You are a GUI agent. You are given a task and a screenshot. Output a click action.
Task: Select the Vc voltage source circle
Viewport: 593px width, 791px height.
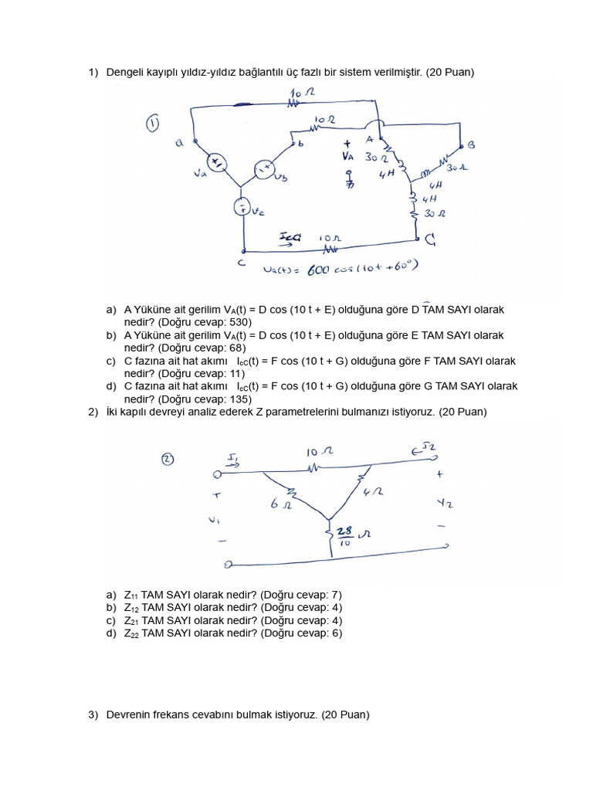(x=241, y=206)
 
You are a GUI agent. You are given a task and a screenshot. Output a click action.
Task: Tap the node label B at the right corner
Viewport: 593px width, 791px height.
(x=472, y=144)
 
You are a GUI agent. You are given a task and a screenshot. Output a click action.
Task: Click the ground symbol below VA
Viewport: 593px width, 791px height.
(x=349, y=183)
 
